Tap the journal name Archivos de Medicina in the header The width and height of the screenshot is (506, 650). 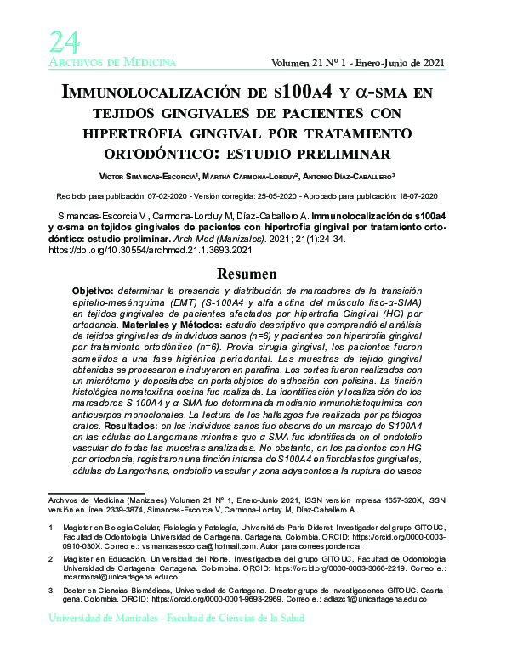pyautogui.click(x=112, y=63)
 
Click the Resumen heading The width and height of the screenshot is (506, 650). pyautogui.click(x=253, y=274)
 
